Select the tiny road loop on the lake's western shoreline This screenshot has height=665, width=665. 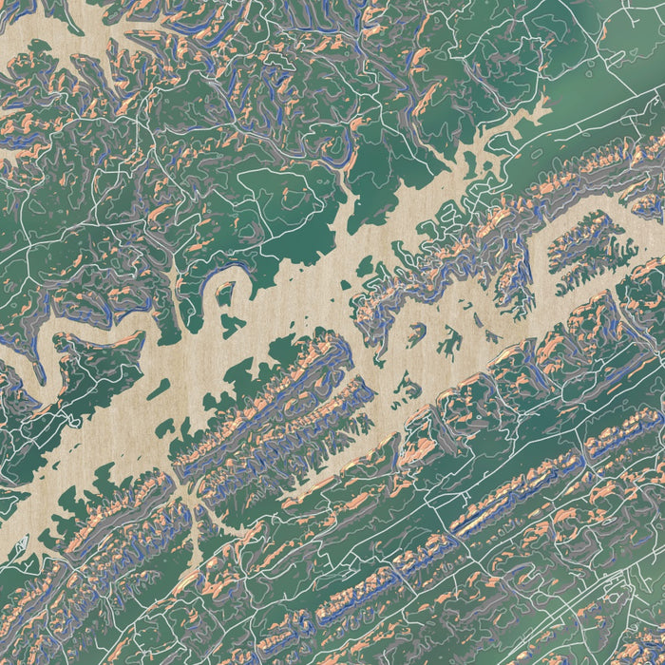tap(68, 419)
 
